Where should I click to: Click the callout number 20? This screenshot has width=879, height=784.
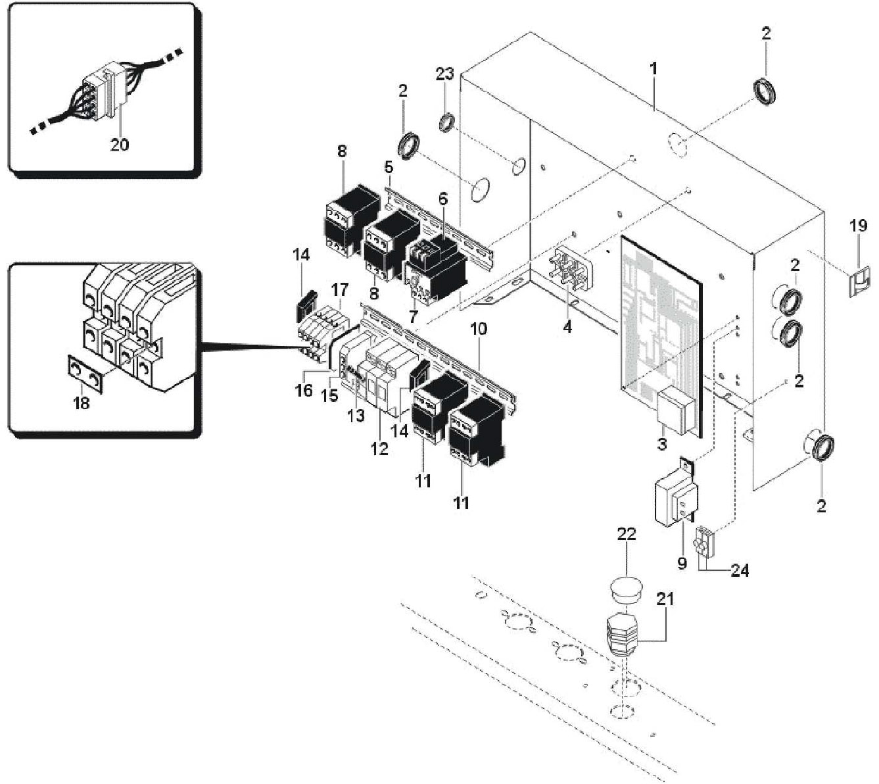(119, 144)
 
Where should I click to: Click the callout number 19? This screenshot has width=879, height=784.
(858, 226)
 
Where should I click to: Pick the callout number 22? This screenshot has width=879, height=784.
(626, 534)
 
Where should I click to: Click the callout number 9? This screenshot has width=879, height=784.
(682, 563)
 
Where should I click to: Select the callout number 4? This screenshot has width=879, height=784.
(567, 325)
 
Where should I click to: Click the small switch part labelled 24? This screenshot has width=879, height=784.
(707, 540)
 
